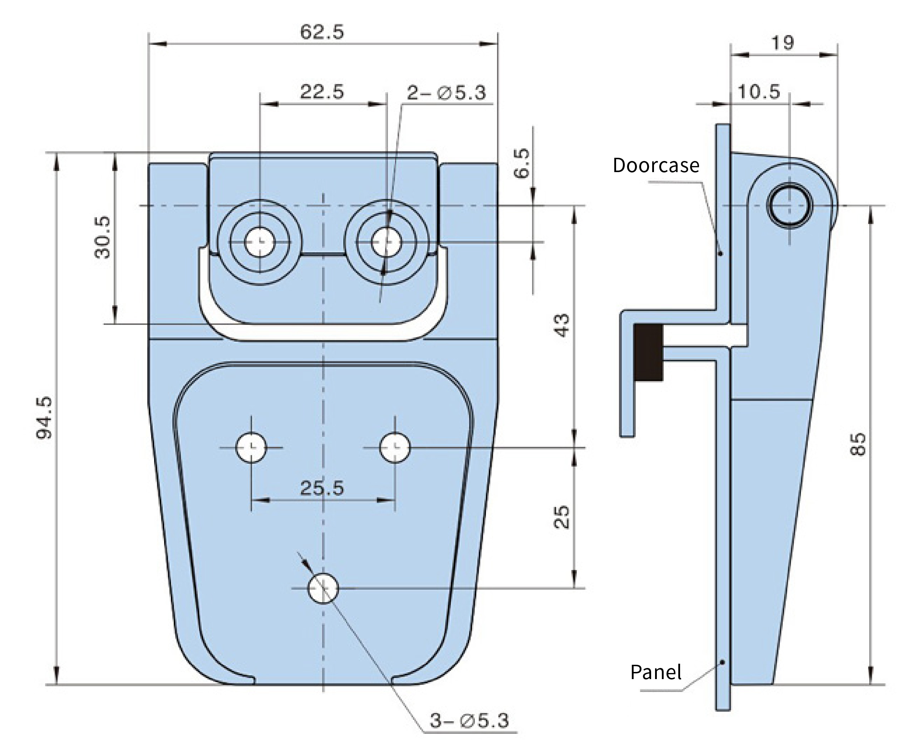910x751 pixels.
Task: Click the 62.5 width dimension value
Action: [x=322, y=32]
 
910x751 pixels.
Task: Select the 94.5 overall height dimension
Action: [x=44, y=418]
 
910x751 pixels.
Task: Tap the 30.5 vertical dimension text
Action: [x=103, y=238]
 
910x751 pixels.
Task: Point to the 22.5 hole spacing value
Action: [x=322, y=92]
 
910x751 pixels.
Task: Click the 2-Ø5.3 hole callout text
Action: [x=447, y=93]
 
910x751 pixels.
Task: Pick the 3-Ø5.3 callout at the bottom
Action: [x=469, y=720]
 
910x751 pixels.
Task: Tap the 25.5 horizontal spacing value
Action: [x=322, y=488]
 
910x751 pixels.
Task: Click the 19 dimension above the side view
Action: [x=782, y=43]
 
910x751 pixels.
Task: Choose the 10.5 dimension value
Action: [x=759, y=92]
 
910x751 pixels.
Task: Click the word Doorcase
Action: [x=656, y=165]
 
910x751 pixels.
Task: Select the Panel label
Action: [x=656, y=672]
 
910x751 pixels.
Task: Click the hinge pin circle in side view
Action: [x=790, y=205]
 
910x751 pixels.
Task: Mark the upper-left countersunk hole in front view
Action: [x=259, y=242]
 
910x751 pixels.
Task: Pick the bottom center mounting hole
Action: [x=323, y=588]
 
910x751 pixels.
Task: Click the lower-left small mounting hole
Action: [x=251, y=447]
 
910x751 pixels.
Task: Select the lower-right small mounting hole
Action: [x=395, y=447]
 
